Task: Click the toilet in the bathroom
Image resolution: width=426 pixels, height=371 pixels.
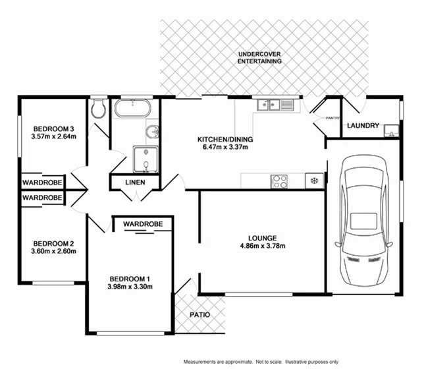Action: pyautogui.click(x=99, y=110)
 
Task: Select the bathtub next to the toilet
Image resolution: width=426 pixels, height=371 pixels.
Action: pyautogui.click(x=133, y=109)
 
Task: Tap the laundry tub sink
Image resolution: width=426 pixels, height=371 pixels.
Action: pyautogui.click(x=390, y=130)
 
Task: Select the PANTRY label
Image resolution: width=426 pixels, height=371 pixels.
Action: pyautogui.click(x=333, y=118)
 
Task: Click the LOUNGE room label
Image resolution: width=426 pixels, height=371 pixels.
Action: pyautogui.click(x=262, y=238)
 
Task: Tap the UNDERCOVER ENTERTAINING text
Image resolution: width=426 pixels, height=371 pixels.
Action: pyautogui.click(x=259, y=57)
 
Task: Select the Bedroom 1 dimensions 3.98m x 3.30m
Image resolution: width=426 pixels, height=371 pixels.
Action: pyautogui.click(x=131, y=287)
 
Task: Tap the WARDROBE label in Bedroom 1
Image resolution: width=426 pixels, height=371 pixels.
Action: pyautogui.click(x=143, y=224)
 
